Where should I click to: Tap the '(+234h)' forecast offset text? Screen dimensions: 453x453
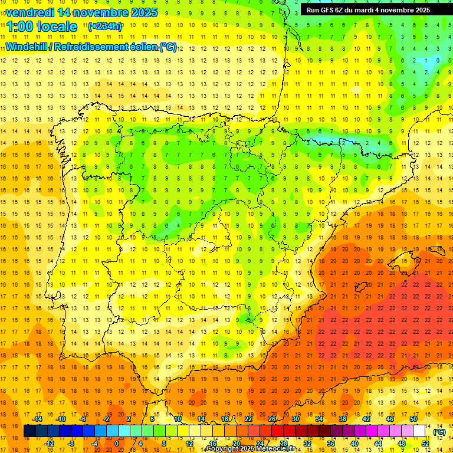pyautogui.click(x=105, y=26)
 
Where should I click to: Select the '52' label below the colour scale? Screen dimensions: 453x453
pyautogui.click(x=425, y=444)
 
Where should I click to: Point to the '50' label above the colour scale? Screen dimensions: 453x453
pyautogui.click(x=413, y=419)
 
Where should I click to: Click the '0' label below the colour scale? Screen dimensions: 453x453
pyautogui.click(x=117, y=444)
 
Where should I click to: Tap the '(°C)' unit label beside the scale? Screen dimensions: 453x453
pyautogui.click(x=439, y=432)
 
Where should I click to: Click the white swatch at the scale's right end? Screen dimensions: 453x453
pyautogui.click(x=419, y=431)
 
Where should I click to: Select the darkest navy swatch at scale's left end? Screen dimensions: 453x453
pyautogui.click(x=29, y=431)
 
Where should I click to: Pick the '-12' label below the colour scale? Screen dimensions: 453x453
pyautogui.click(x=50, y=444)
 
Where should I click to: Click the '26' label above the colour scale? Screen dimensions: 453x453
pyautogui.click(x=272, y=419)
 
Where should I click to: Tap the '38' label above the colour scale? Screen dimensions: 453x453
pyautogui.click(x=343, y=419)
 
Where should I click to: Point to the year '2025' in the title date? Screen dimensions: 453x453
pyautogui.click(x=145, y=12)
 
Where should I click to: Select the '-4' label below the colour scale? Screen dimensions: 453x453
pyautogui.click(x=94, y=444)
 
